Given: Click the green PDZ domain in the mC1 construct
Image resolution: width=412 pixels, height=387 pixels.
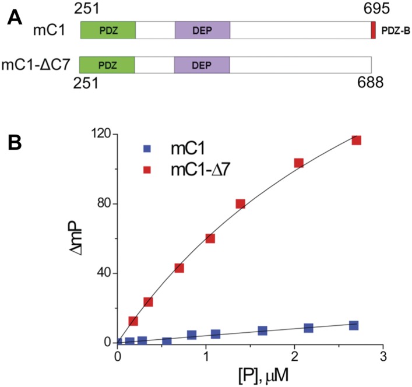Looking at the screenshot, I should point(108,30).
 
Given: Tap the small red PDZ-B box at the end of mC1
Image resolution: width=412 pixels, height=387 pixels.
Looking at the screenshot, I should point(373,30).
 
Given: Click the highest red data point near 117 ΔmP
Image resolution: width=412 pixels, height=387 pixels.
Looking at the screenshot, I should point(356,140).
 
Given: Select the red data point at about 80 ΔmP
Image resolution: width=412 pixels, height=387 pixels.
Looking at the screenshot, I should point(240,203).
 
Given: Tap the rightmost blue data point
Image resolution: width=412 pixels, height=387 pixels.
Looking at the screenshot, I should point(353,325).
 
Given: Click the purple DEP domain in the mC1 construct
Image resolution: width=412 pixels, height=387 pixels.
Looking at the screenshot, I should point(202,30).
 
